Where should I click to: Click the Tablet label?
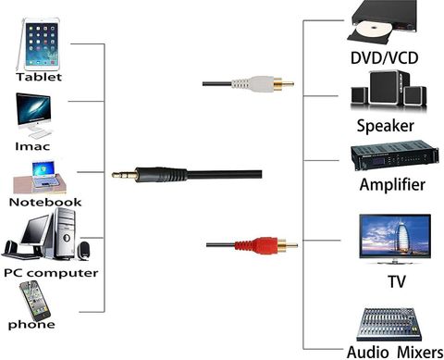tap(39, 77)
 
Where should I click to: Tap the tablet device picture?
tap(38, 44)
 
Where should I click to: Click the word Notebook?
tap(45, 202)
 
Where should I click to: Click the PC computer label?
tap(51, 273)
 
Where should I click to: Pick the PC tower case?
tap(64, 233)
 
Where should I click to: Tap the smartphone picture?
tap(35, 301)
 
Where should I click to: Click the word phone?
tap(31, 325)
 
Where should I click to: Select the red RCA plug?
tap(260, 245)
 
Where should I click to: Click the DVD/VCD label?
tap(385, 57)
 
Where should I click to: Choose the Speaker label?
tap(386, 126)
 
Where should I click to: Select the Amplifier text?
tap(392, 184)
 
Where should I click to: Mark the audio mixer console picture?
tap(389, 324)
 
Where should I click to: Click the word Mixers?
tap(420, 353)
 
